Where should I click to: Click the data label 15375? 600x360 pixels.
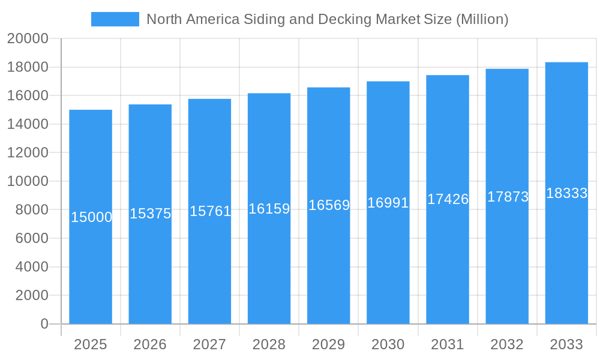(x=151, y=214)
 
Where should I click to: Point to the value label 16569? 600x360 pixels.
(x=329, y=205)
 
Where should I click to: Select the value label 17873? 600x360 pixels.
(x=508, y=197)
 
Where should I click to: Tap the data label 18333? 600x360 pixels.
(x=566, y=193)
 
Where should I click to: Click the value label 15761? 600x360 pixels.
(x=210, y=211)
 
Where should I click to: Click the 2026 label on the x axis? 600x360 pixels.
(x=150, y=344)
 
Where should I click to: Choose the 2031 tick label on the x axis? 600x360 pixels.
(x=448, y=344)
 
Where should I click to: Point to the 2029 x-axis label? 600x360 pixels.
(x=329, y=344)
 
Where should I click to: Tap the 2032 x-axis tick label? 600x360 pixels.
(x=507, y=344)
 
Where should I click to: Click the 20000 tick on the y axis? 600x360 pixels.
(x=28, y=38)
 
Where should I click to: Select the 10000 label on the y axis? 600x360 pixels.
(x=28, y=181)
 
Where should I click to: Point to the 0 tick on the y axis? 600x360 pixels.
(x=44, y=324)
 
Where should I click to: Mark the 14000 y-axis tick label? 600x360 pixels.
(x=28, y=124)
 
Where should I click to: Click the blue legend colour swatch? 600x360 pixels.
(x=115, y=19)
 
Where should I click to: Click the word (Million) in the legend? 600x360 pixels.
(x=482, y=19)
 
